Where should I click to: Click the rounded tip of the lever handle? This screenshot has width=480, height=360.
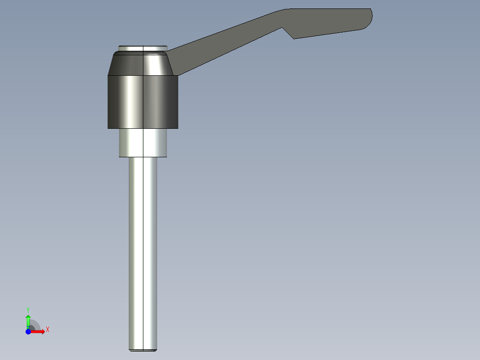click(x=369, y=18)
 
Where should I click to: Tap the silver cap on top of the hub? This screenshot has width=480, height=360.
click(x=142, y=48)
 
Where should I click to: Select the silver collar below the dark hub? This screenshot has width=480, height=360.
click(x=142, y=143)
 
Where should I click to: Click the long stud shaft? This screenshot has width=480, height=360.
click(x=143, y=250)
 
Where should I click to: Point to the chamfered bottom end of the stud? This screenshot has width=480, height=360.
click(x=143, y=350)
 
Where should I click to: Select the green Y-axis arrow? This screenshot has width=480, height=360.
click(x=28, y=320)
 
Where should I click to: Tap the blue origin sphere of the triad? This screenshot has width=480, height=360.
click(x=28, y=331)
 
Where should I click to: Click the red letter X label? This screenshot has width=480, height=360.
click(x=48, y=330)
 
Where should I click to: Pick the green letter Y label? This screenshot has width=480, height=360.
click(x=28, y=309)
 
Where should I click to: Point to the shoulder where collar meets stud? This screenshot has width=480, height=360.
click(x=142, y=157)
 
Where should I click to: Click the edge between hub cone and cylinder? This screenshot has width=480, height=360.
click(x=142, y=75)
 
